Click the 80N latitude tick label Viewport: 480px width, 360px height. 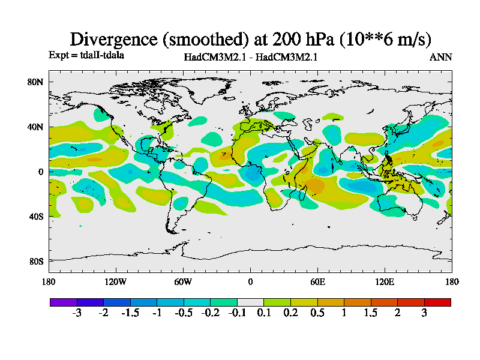[36, 82]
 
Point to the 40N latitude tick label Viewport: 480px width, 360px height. [36, 127]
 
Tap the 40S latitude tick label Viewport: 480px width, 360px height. [37, 216]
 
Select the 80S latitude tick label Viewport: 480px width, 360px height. [37, 261]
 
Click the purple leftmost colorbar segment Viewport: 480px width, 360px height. [63, 302]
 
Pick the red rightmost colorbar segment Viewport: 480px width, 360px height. [437, 302]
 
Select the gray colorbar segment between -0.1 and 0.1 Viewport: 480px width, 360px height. [250, 302]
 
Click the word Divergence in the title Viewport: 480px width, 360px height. [114, 39]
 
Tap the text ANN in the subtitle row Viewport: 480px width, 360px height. [441, 57]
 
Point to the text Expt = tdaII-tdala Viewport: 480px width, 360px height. [86, 55]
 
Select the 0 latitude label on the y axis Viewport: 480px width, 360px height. [41, 172]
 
